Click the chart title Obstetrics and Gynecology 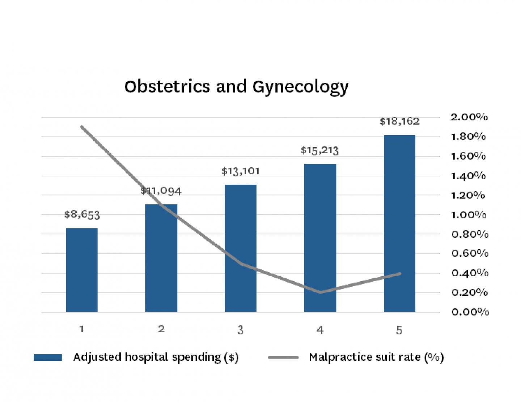(x=236, y=87)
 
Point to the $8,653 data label (x=82, y=214)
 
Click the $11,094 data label (x=161, y=191)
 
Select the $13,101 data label (x=241, y=171)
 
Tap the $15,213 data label (x=319, y=150)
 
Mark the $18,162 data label (x=399, y=121)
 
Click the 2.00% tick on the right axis (x=469, y=117)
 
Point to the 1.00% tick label (x=469, y=215)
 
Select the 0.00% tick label (x=470, y=312)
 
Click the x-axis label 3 (x=241, y=330)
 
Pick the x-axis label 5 (x=399, y=330)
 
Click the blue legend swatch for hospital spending (x=48, y=357)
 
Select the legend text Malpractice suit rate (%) (x=376, y=357)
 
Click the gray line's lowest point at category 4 (x=320, y=292)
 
